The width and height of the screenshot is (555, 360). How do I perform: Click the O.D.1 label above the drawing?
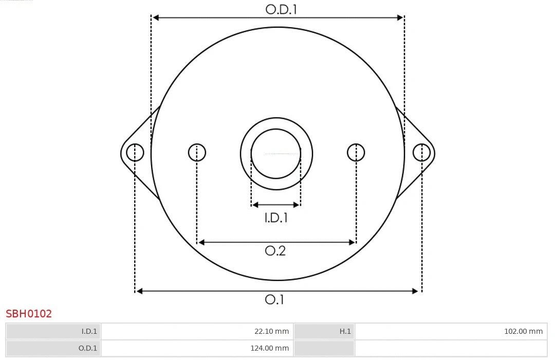[281, 9]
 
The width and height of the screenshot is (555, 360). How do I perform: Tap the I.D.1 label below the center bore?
[276, 218]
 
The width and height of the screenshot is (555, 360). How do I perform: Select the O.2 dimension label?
[275, 251]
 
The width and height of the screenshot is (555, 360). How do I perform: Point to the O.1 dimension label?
[274, 299]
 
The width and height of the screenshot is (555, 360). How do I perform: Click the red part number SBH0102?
[29, 314]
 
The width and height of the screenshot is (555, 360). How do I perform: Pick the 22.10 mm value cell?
[197, 331]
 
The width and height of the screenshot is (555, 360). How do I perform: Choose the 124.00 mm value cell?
[197, 348]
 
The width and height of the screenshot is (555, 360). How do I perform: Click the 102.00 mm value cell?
[451, 331]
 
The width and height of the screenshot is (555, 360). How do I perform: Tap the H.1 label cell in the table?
[324, 331]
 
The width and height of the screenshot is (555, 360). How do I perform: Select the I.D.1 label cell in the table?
[53, 331]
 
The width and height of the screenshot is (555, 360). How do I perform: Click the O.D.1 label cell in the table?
[53, 348]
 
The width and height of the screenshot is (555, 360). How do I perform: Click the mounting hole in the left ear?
[135, 153]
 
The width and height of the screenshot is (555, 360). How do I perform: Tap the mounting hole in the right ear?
[421, 153]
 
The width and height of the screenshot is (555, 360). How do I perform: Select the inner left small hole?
[197, 153]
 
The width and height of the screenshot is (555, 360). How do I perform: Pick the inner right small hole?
[356, 153]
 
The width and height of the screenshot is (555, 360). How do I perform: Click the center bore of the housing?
[276, 154]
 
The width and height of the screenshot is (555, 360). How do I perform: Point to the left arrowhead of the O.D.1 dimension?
[156, 17]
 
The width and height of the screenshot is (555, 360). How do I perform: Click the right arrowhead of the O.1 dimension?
[416, 291]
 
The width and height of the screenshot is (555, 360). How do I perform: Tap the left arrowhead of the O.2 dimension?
[201, 242]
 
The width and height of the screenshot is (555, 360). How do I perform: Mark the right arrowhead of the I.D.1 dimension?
[297, 205]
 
